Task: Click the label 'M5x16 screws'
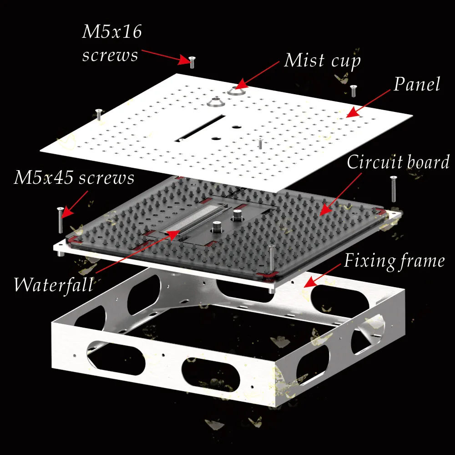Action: [112, 43]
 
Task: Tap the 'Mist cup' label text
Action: [322, 61]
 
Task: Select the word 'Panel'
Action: [417, 84]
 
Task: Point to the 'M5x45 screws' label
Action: [74, 177]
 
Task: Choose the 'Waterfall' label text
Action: [54, 284]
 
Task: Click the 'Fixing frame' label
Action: [394, 261]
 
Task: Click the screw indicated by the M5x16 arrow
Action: [192, 62]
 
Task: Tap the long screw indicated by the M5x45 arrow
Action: [61, 220]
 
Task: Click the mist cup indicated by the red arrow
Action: [236, 91]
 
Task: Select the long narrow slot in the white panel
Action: [200, 128]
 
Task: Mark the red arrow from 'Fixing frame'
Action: [322, 275]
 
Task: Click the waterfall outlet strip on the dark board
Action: [192, 219]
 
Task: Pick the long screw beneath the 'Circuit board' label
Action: [393, 189]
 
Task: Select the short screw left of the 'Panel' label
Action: [353, 91]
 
